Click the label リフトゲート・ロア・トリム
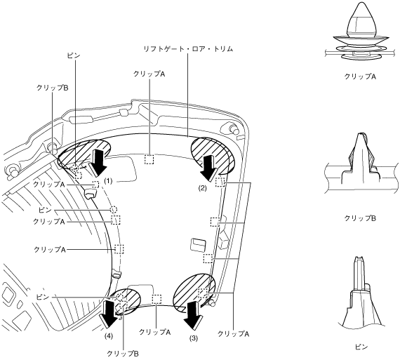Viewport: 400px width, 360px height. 188,48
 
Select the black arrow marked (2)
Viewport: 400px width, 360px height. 210,169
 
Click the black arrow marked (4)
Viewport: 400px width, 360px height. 109,314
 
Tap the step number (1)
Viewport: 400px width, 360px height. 108,181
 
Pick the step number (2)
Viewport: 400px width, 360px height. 203,188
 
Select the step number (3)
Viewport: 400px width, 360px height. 193,338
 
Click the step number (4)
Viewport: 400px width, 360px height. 108,336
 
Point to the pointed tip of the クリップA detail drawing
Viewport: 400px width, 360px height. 361,4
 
